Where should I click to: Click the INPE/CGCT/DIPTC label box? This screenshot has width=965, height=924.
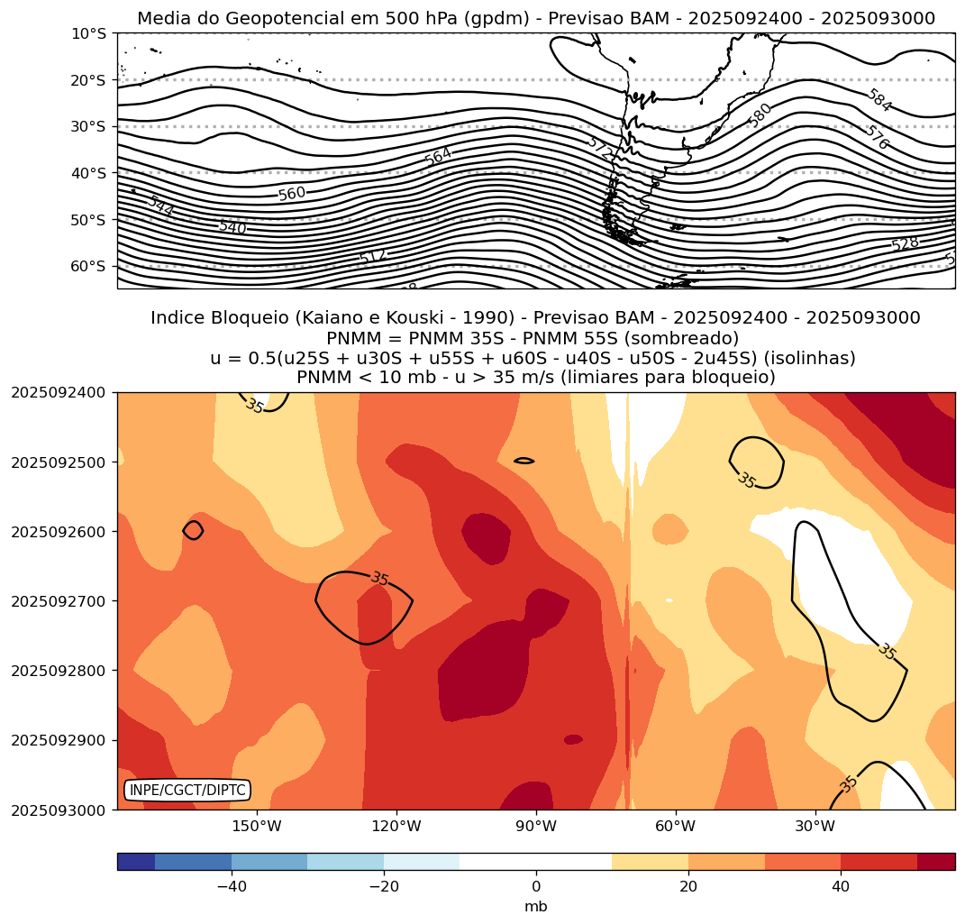[x=187, y=791]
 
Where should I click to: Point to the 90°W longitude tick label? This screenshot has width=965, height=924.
[x=536, y=826]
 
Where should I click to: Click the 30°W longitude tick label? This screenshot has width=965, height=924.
[x=815, y=826]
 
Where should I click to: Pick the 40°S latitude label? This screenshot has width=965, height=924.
[x=88, y=173]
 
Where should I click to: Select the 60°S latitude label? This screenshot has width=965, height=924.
[x=88, y=266]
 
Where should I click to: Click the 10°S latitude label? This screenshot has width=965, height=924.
[x=88, y=33]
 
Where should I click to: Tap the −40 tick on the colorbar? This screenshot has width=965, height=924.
[x=232, y=886]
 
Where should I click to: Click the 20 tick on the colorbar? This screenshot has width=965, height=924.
[x=688, y=886]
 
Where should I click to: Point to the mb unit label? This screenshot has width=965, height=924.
[x=536, y=906]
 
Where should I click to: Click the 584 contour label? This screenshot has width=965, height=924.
[x=879, y=101]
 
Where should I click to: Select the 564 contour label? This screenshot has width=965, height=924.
[x=438, y=156]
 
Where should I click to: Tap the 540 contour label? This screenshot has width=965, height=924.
[x=232, y=227]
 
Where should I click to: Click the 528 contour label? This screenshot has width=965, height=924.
[x=905, y=244]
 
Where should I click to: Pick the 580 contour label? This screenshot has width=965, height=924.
[x=760, y=114]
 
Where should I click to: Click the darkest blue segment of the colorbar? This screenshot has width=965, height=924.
[x=136, y=862]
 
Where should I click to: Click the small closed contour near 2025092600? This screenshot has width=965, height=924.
[x=193, y=530]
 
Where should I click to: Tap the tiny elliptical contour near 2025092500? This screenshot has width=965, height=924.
[x=523, y=461]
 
